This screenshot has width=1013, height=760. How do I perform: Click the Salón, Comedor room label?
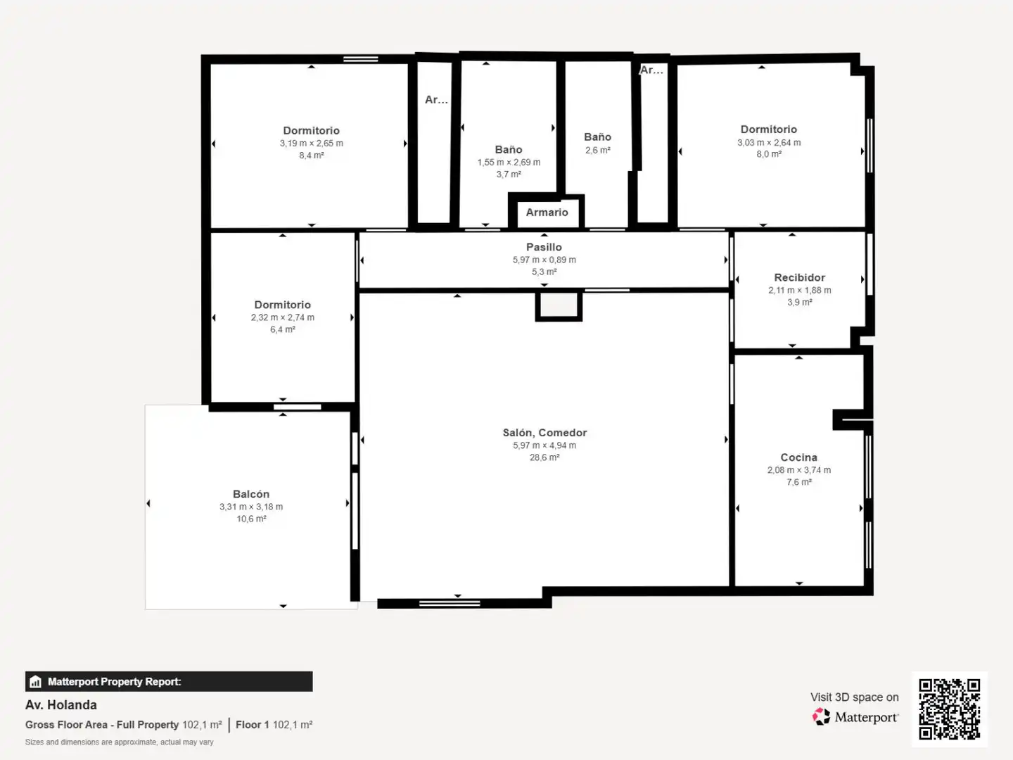click(544, 433)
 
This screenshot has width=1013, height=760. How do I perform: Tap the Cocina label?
click(799, 457)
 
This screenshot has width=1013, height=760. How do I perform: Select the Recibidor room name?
click(799, 277)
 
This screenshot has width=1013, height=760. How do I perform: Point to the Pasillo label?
click(544, 247)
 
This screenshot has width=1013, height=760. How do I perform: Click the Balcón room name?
click(251, 494)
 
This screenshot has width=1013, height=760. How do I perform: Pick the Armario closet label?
click(547, 213)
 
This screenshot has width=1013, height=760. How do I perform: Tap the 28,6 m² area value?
click(544, 457)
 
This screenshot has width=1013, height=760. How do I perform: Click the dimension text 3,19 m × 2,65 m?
click(312, 143)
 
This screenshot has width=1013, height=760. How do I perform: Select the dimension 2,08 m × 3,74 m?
click(799, 470)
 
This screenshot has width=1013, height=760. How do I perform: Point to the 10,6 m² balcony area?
click(252, 519)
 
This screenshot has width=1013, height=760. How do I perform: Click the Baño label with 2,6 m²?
click(598, 137)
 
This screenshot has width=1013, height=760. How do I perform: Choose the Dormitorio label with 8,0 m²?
click(769, 129)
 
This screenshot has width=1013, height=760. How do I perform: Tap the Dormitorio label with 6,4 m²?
click(282, 305)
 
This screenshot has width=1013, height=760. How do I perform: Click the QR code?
click(949, 709)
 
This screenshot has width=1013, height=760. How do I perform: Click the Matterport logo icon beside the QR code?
click(821, 716)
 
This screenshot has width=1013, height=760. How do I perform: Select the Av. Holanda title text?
click(61, 705)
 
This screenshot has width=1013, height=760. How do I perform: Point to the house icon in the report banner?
click(36, 682)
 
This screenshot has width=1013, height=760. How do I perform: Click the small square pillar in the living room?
click(559, 305)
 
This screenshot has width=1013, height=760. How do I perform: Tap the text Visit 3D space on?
click(854, 697)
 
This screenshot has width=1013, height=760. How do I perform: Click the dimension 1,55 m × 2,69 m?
click(509, 162)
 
